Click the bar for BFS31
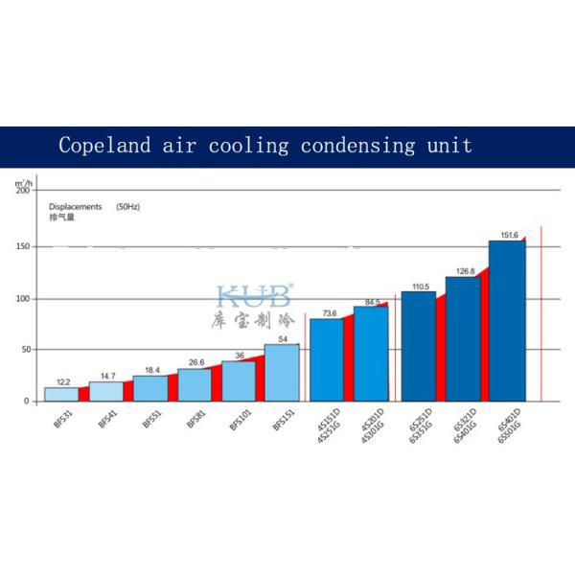[x=61, y=394]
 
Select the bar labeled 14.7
[x=105, y=391]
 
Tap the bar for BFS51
[x=149, y=388]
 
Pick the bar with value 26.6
[x=194, y=384]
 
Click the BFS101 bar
[x=239, y=380]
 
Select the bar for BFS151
[x=282, y=372]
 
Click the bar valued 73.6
[x=326, y=359]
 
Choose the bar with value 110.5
[x=418, y=346]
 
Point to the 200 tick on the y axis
[x=23, y=190]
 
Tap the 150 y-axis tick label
[x=23, y=246]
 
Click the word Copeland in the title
[x=101, y=146]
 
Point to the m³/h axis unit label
[x=24, y=181]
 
